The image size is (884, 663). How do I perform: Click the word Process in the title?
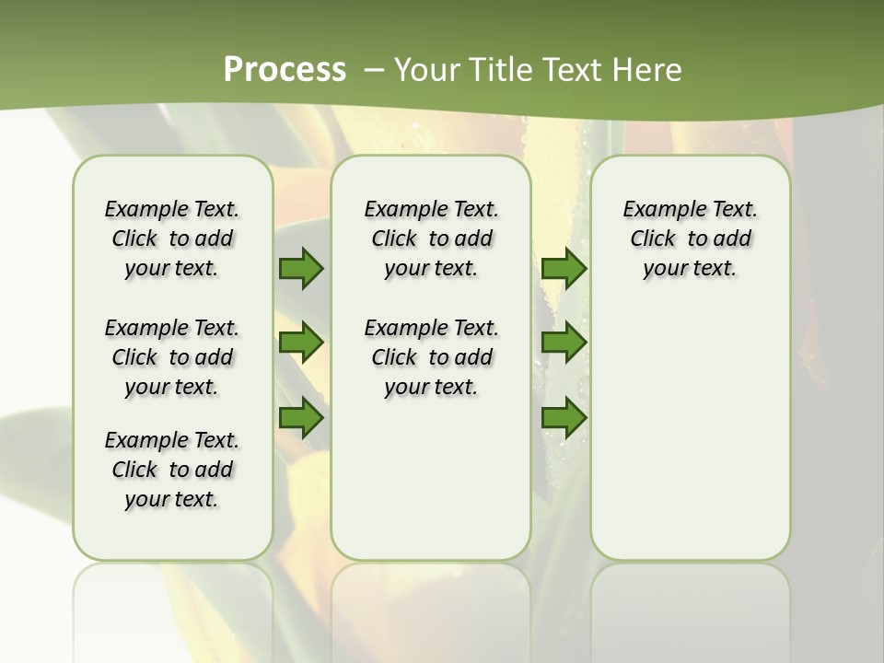tap(285, 69)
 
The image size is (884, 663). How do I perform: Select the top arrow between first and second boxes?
tap(301, 269)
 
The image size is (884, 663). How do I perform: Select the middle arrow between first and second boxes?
tap(301, 343)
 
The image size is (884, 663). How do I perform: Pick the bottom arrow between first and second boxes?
tap(301, 418)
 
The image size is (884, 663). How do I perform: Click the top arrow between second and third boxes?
tap(564, 269)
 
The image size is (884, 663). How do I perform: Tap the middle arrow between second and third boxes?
tap(564, 343)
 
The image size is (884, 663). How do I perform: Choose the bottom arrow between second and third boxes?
tap(564, 418)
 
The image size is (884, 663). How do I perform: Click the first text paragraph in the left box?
tap(172, 238)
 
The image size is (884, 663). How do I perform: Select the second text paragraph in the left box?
tap(172, 357)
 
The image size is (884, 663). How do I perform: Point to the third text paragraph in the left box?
tap(172, 470)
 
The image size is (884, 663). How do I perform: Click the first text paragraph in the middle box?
tap(431, 238)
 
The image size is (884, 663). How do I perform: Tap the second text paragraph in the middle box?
tap(431, 357)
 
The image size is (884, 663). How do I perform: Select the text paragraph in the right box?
tap(690, 238)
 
